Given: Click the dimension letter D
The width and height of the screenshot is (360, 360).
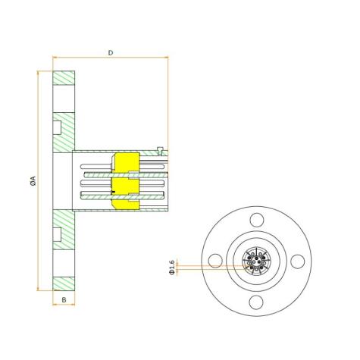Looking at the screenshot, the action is [x=111, y=53].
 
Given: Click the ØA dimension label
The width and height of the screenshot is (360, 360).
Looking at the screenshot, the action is [x=33, y=181].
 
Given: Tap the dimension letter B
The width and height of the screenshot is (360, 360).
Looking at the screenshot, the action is [x=64, y=300].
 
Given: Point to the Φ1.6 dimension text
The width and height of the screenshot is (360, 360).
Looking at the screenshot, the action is [x=172, y=267].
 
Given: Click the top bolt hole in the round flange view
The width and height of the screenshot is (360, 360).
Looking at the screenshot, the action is [x=257, y=220].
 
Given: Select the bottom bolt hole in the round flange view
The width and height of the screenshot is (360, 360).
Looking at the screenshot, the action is [x=256, y=302].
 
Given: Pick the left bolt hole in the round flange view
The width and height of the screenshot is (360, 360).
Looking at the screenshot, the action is [x=215, y=261].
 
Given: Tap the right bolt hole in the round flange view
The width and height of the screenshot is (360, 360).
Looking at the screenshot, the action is [x=297, y=261].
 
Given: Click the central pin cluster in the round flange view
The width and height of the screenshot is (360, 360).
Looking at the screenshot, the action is [x=256, y=261].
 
